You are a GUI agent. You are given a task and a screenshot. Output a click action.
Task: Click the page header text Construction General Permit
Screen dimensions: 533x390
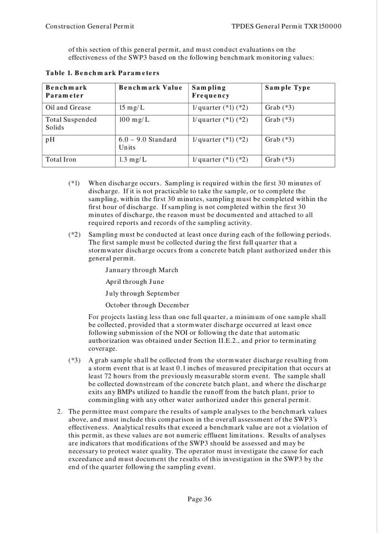[89, 26]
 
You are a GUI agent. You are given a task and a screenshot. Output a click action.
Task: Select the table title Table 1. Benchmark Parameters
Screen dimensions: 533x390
[102, 73]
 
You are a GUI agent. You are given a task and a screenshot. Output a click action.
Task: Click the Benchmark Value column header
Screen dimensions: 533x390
[150, 88]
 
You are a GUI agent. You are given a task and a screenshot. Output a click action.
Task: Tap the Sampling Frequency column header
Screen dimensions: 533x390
[209, 92]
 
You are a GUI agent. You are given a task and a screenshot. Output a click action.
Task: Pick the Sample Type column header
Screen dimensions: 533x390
[287, 88]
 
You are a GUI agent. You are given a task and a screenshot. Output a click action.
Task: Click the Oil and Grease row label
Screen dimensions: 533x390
[68, 107]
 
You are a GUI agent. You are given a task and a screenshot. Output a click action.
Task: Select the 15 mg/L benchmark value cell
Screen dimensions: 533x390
[132, 107]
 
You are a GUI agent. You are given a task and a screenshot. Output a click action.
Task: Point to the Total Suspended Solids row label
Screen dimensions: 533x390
[71, 124]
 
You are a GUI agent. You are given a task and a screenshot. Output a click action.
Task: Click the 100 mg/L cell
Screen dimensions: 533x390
[134, 120]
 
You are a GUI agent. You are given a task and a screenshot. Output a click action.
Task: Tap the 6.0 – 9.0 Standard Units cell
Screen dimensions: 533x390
[147, 143]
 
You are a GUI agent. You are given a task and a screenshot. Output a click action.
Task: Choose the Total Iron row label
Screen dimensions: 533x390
[61, 160]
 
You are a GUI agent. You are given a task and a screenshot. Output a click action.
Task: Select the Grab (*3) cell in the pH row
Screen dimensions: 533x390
[280, 139]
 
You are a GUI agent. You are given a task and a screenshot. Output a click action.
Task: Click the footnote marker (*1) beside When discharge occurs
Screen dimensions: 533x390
[75, 183]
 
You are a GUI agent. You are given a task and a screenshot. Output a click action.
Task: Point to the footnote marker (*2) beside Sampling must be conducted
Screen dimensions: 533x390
[75, 235]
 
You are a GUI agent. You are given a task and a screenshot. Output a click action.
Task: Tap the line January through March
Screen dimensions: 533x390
[142, 270]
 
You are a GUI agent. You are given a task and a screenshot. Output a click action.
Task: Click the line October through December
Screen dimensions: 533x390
[147, 305]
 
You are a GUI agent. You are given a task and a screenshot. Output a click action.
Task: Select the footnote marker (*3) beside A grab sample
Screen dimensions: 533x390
[75, 360]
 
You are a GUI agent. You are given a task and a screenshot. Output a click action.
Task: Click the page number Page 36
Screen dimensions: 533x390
[199, 499]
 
